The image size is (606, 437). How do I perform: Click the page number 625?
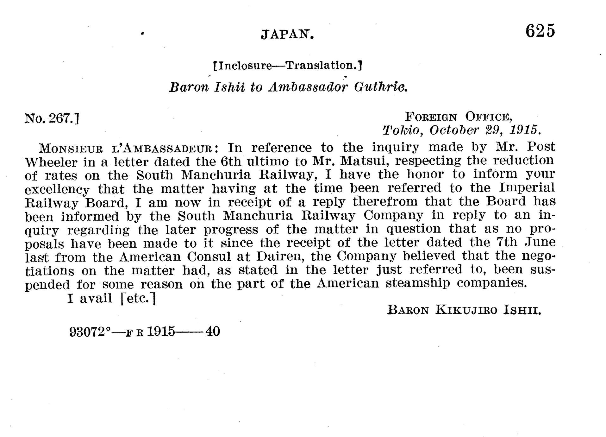click(540, 31)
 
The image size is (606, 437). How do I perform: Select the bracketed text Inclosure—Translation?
click(287, 66)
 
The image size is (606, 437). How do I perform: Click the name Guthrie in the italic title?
click(380, 87)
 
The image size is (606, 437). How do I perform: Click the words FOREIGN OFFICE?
click(459, 117)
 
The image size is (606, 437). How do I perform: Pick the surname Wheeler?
click(51, 162)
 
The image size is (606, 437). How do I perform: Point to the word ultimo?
click(268, 161)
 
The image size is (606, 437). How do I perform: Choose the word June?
click(540, 242)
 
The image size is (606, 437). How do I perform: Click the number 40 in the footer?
click(213, 332)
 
